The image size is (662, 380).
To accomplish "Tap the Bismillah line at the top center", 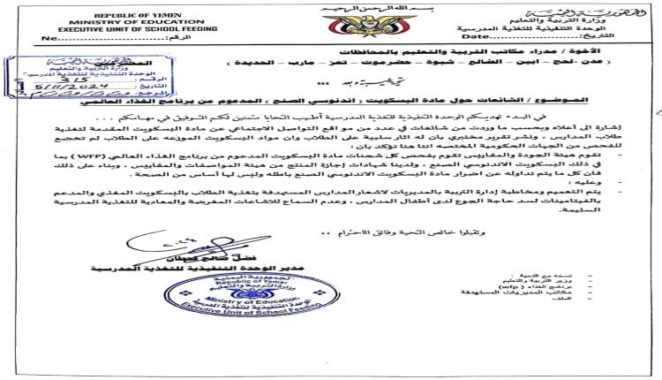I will pyautogui.click(x=330, y=7).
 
